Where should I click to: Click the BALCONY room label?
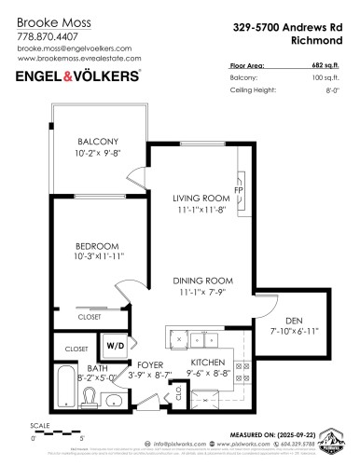click(99, 140)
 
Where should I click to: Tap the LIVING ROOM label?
click(201, 199)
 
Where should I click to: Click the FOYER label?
click(150, 363)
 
